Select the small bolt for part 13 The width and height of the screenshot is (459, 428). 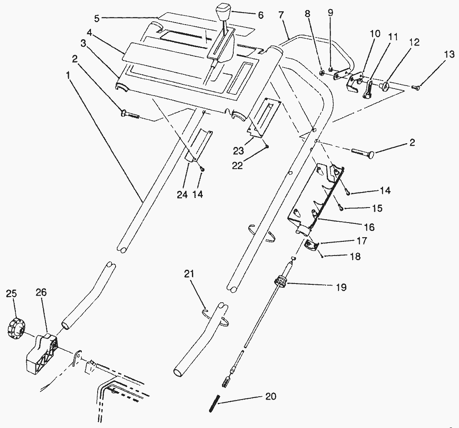click(x=416, y=87)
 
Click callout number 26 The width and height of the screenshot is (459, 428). click(x=41, y=293)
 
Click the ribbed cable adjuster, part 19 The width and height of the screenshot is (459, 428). click(x=281, y=282)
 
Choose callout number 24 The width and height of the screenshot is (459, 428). click(x=182, y=195)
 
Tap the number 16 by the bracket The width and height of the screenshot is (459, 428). click(x=369, y=227)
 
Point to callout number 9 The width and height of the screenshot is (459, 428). click(x=330, y=13)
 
